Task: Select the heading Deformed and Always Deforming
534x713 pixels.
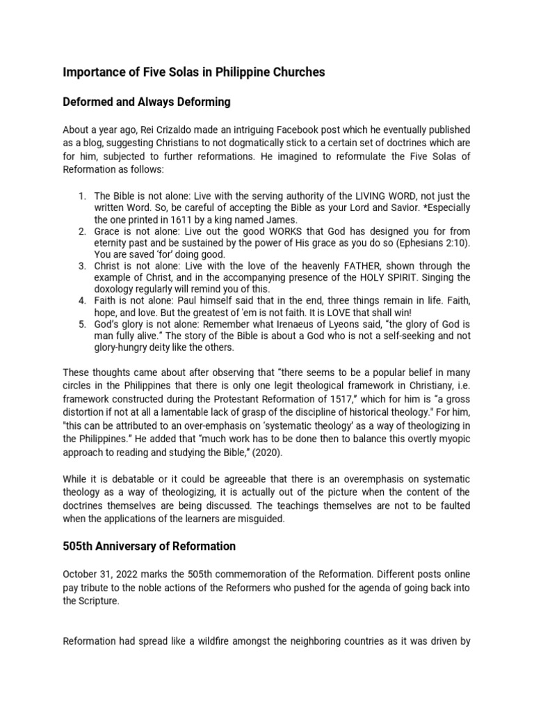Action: pos(147,102)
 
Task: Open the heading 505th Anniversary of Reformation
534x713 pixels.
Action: pos(149,547)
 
